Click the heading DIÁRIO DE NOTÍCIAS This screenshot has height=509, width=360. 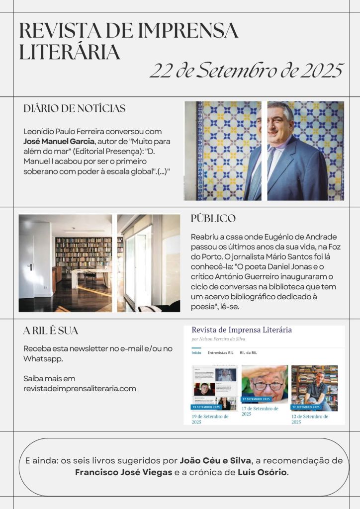point(75,108)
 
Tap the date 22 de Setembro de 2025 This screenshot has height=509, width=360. point(247,71)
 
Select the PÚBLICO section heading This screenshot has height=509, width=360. point(213,219)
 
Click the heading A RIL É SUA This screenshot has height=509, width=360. point(51,331)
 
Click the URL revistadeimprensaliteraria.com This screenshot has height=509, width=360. point(80,388)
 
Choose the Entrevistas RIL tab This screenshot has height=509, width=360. point(221,352)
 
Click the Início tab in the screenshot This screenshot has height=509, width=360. point(196,352)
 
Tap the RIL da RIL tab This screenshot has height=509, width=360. point(249,352)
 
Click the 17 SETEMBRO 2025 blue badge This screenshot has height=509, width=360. point(257,399)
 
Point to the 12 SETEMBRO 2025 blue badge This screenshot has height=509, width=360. point(306,407)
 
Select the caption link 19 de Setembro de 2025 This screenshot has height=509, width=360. point(210,419)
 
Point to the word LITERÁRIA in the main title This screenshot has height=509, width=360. point(70,51)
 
